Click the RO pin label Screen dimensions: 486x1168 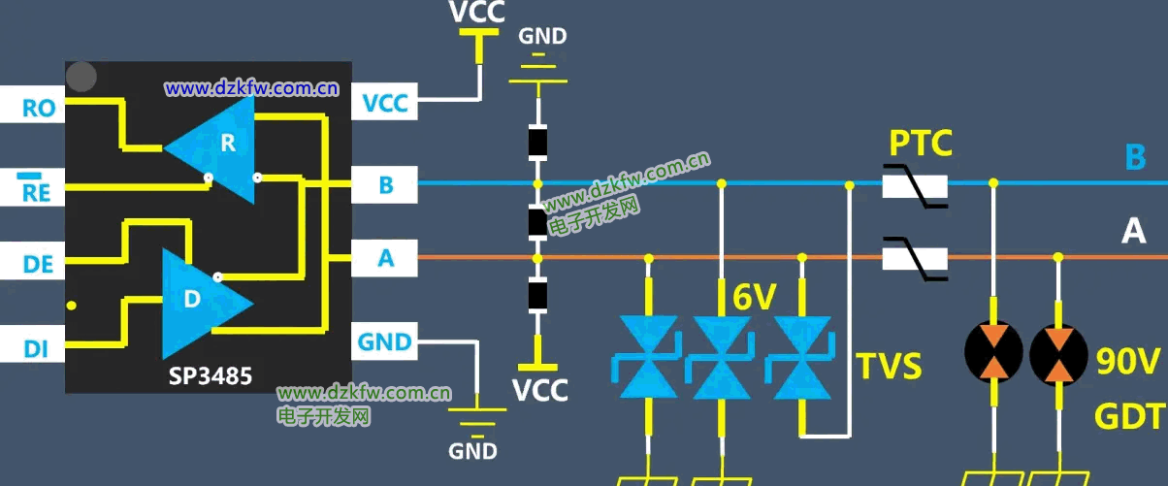38,107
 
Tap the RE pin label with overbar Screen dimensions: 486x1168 38,190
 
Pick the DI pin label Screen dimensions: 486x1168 36,347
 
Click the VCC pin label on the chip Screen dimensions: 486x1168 385,102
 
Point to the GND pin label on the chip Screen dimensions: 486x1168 385,341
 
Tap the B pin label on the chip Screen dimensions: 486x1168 385,184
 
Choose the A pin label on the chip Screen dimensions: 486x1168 385,259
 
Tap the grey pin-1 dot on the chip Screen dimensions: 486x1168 82,77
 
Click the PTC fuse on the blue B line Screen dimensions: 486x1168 915,184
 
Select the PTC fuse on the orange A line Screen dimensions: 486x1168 915,259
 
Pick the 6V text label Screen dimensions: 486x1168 754,299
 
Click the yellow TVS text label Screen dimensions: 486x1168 889,367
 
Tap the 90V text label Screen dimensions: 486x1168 1127,363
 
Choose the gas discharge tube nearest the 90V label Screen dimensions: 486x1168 1058,351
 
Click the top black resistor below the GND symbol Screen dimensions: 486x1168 536,144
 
